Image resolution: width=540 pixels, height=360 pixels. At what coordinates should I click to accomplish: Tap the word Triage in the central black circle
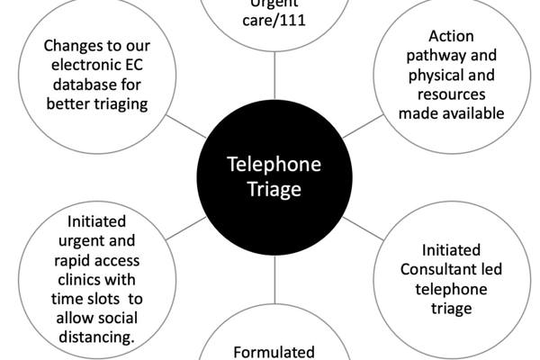270,191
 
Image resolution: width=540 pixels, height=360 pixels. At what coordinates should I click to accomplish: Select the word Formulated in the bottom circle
273,352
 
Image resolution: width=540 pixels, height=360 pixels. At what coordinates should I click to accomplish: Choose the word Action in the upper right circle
451,37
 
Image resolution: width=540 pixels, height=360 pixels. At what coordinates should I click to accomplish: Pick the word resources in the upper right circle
451,94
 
